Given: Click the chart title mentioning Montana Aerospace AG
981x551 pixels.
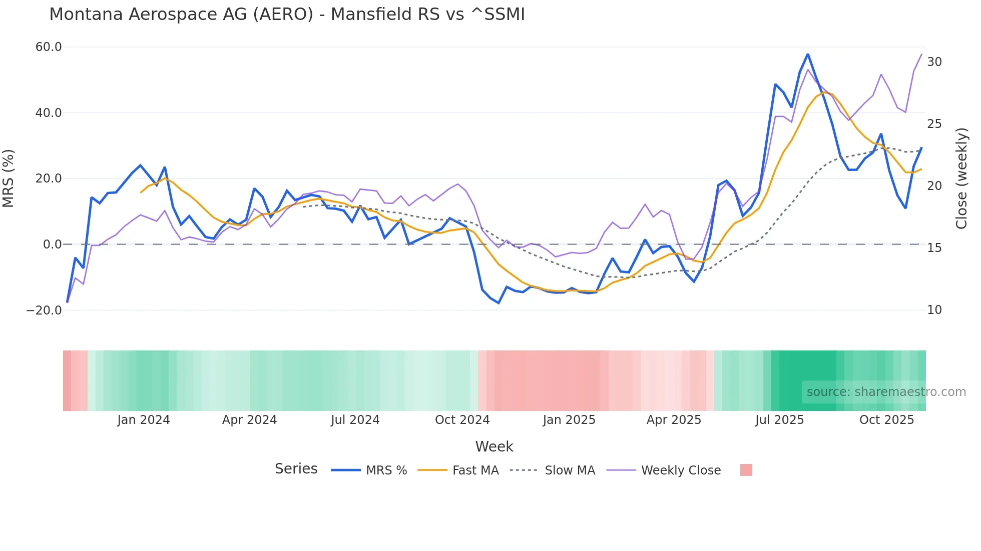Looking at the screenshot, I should pos(287,14).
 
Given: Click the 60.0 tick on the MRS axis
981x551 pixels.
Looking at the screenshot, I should pos(49,47).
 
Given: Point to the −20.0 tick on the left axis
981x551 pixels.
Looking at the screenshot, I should pos(44,310).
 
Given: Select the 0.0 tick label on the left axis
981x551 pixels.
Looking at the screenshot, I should pos(52,244).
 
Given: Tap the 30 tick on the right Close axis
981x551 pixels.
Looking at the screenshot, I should pos(934,62).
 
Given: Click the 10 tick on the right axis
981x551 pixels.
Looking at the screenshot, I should pos(934,310).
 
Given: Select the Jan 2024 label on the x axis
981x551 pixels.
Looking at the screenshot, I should pos(144,420).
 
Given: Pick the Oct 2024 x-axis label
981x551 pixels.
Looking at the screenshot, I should pos(462,420).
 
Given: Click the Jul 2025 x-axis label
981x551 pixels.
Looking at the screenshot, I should pos(779,420).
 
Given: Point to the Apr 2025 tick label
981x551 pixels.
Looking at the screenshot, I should pos(674,420).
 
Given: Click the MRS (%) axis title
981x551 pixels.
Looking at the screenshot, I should pos(9,178).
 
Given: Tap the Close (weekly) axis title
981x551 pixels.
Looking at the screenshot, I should pos(961,178).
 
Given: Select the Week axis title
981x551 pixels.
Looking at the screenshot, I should pos(494,446).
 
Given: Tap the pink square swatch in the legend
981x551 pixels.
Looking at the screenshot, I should pos(746,470).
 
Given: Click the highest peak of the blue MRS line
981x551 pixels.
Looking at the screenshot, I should pos(807,54).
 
